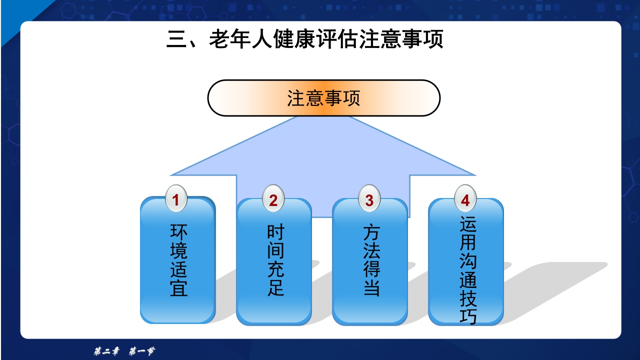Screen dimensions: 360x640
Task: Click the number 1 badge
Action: pyautogui.click(x=176, y=199)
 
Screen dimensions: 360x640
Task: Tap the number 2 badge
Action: pyautogui.click(x=273, y=199)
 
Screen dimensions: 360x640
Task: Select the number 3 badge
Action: pyautogui.click(x=369, y=199)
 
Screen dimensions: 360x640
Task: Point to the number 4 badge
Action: pyautogui.click(x=465, y=199)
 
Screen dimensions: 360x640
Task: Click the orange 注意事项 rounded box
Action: pyautogui.click(x=323, y=98)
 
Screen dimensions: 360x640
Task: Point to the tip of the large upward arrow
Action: pyautogui.click(x=323, y=118)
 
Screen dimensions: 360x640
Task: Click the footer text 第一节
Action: pyautogui.click(x=141, y=351)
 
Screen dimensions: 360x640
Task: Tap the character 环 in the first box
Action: pyautogui.click(x=178, y=232)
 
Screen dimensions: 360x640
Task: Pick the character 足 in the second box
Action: pyautogui.click(x=275, y=288)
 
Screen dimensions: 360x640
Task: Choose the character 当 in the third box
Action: pyautogui.click(x=371, y=288)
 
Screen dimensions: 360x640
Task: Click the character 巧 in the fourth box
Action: pyautogui.click(x=468, y=316)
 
